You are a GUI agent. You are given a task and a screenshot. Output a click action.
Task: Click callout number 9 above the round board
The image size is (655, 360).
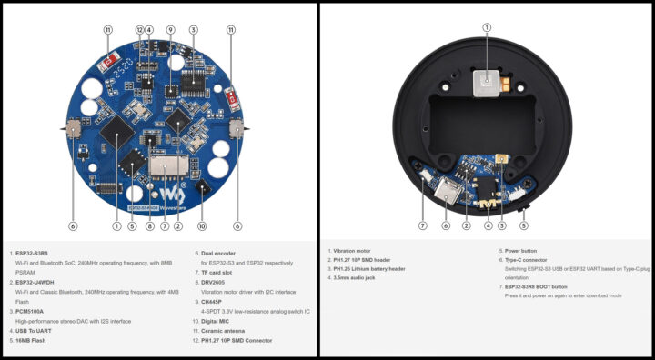tap(171, 30)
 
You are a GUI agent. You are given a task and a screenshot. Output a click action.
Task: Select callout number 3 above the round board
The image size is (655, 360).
tap(193, 30)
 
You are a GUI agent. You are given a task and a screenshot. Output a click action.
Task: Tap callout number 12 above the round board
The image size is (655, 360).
tap(139, 30)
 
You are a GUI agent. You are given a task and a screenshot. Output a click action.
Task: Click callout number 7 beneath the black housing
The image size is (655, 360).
tap(422, 225)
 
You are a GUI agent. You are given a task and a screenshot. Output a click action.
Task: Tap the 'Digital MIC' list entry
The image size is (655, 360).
tap(216, 320)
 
